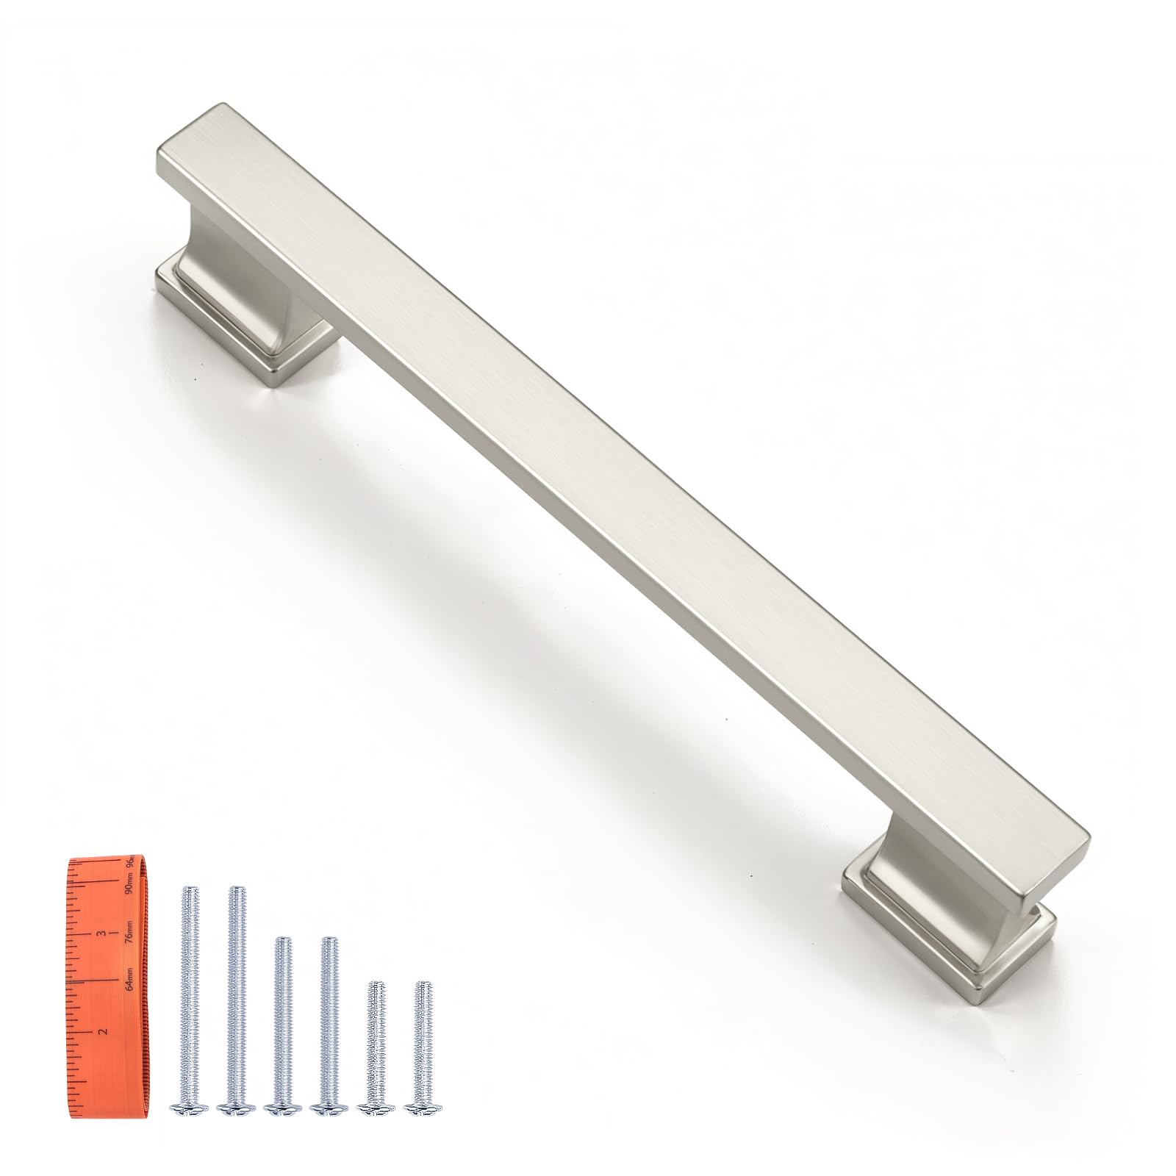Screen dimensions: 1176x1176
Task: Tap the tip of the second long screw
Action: point(235,891)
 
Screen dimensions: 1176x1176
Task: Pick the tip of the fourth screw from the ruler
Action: point(330,940)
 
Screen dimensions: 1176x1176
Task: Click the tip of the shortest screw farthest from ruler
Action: point(422,984)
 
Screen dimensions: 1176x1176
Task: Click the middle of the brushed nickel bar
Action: point(625,485)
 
